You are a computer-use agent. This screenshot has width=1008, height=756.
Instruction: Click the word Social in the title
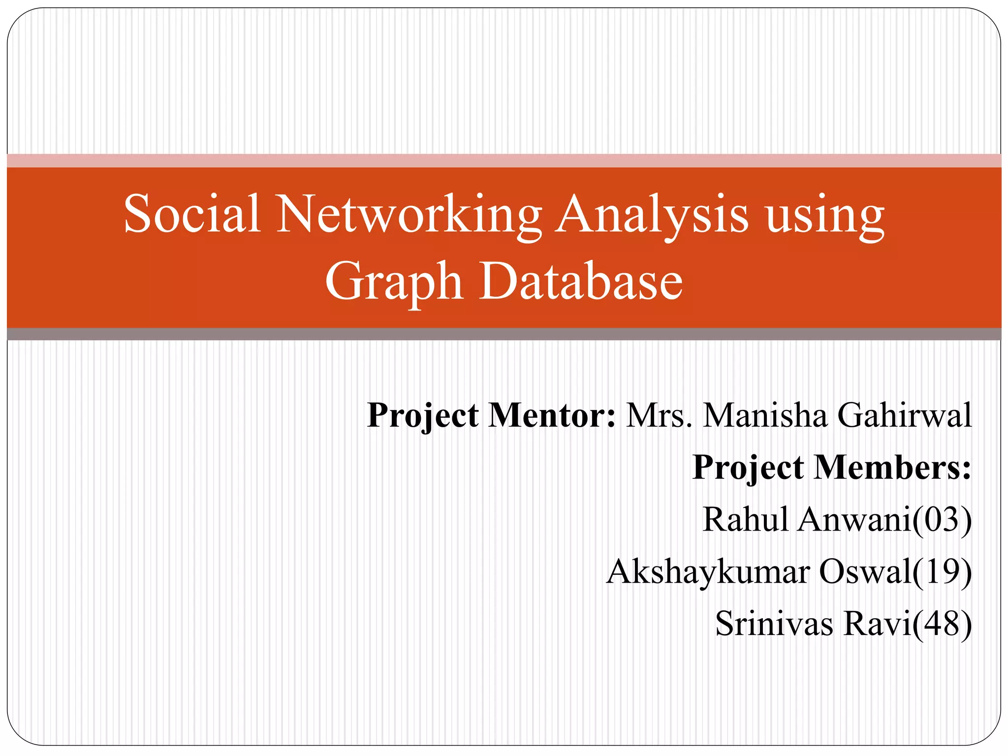click(192, 214)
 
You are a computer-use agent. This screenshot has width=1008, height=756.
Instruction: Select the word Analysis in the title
click(652, 215)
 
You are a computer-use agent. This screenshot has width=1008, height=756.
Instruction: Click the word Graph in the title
click(394, 282)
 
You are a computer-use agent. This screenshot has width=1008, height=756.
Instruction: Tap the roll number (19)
click(942, 572)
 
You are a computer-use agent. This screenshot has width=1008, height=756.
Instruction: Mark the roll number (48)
click(942, 624)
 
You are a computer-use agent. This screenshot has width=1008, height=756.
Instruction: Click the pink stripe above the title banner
click(504, 160)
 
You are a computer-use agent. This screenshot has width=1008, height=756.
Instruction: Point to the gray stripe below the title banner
click(504, 334)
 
